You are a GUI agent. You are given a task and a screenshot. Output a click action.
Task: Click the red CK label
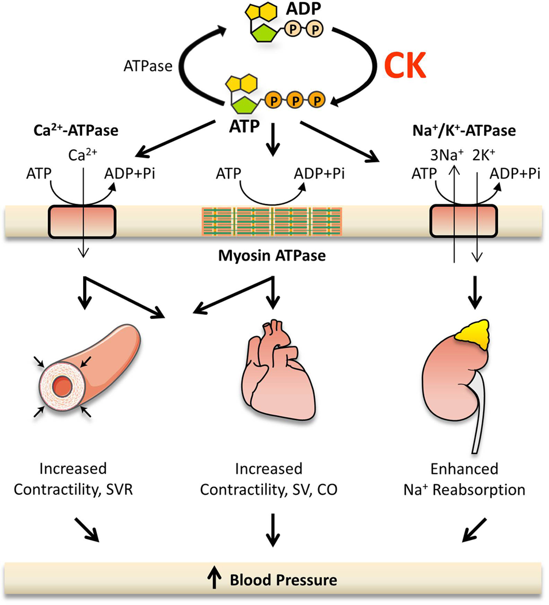405,65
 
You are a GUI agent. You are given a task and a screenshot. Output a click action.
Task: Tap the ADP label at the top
303,9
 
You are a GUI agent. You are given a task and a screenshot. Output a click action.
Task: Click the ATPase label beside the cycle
148,66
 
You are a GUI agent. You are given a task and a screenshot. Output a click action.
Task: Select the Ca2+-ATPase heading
76,130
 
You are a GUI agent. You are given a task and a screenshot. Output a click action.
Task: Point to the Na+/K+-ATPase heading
464,130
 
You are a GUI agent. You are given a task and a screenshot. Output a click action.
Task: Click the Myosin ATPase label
272,255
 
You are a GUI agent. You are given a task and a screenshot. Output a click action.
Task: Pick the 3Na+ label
447,156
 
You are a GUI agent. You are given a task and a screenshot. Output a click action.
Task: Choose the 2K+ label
484,156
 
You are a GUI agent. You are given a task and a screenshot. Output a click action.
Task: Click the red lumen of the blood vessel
62,387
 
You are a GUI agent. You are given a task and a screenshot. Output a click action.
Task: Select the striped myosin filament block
272,221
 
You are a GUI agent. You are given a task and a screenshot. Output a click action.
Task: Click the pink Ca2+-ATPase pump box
82,221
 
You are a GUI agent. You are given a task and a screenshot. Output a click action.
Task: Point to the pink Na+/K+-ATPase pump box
463,221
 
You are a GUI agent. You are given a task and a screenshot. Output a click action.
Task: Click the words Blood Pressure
283,580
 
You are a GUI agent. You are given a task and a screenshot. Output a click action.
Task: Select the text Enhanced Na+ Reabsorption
464,479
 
